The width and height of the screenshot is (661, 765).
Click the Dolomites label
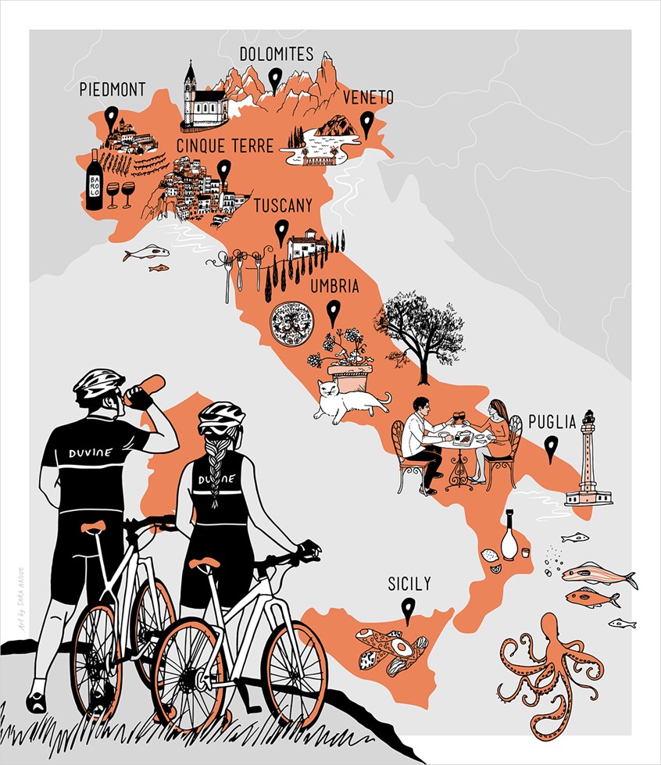point(277,55)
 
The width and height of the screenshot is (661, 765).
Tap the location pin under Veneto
point(366,123)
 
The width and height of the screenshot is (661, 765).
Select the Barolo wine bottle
point(95,181)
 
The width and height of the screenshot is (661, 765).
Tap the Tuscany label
point(283,206)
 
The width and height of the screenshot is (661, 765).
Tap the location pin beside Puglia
point(552,448)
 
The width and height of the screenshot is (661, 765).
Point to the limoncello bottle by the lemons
point(509,535)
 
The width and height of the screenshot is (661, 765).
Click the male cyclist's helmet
point(99,382)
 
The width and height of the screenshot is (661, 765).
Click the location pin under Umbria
point(334,312)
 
